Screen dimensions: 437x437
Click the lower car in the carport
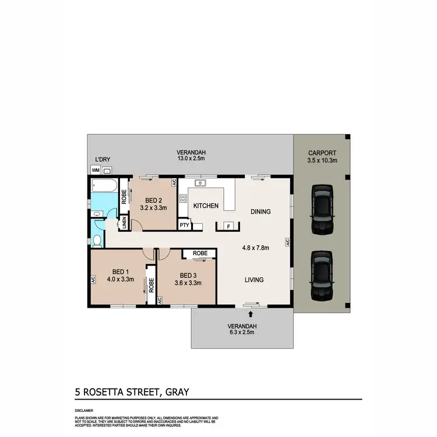pos(322,274)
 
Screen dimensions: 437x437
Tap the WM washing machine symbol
pos(96,170)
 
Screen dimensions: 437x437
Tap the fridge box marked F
pos(229,226)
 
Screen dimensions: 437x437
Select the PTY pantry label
pos(184,225)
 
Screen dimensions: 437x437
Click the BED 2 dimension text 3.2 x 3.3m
pos(154,207)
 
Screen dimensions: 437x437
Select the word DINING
pos(260,212)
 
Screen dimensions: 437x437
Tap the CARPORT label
pos(321,153)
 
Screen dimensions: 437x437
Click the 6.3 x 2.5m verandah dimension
pos(242,332)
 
